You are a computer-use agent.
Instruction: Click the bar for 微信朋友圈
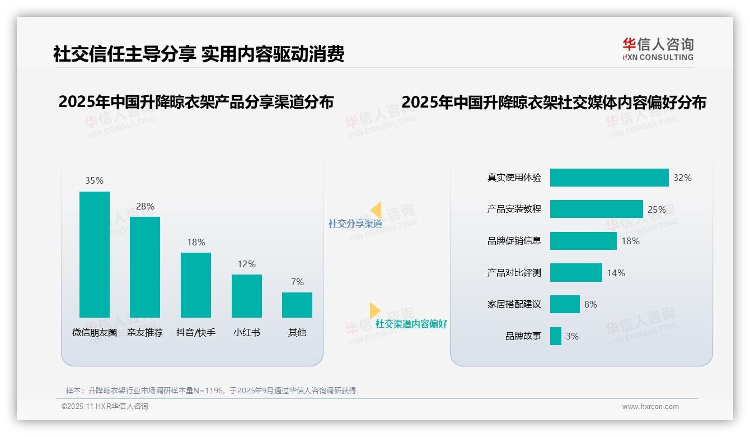point(95,254)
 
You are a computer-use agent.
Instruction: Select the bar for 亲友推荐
point(145,267)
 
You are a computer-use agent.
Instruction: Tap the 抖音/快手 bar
point(196,285)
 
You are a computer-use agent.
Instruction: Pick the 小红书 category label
point(246,332)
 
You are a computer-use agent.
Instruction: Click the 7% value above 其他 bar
point(297,282)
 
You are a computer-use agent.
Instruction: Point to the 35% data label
point(94,180)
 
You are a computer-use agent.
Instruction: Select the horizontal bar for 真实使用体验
point(609,178)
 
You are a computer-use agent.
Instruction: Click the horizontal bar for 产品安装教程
point(596,209)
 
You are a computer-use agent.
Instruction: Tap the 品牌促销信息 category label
point(514,241)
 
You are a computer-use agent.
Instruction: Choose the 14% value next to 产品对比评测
point(616,273)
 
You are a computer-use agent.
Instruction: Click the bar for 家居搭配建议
point(565,304)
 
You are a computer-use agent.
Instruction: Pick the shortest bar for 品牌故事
point(555,336)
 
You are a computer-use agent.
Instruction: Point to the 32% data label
point(682,178)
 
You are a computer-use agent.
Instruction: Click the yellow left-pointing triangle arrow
point(376,210)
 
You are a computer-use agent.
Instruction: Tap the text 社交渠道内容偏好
point(411,324)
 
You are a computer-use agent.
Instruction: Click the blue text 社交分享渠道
point(355,224)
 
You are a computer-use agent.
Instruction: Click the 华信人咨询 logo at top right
point(658,49)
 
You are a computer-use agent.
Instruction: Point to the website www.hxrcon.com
point(650,407)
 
